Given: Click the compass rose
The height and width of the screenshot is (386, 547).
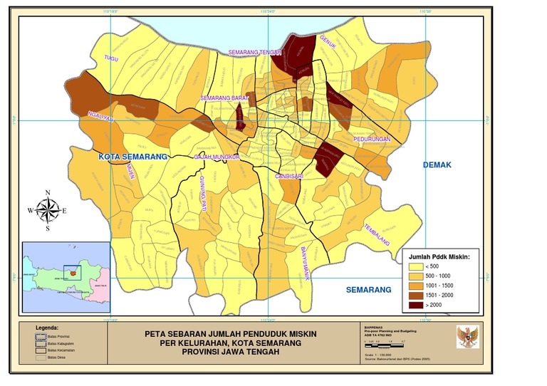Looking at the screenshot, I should pos(47,209).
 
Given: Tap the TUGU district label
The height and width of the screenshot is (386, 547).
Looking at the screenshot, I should pos(110,58).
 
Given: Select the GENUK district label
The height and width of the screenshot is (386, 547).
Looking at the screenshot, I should pos(328,43).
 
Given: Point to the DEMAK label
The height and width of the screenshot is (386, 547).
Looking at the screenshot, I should pos(437,165).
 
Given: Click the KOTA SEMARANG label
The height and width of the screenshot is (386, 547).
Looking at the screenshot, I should pos(132,156).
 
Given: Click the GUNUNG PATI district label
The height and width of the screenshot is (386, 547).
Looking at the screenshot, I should pos(202,192).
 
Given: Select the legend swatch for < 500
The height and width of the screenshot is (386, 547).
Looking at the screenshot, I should pos(415,266).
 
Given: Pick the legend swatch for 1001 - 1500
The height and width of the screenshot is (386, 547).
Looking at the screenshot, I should pos(415,286).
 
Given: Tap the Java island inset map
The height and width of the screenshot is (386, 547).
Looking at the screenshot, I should pos(66,277).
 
